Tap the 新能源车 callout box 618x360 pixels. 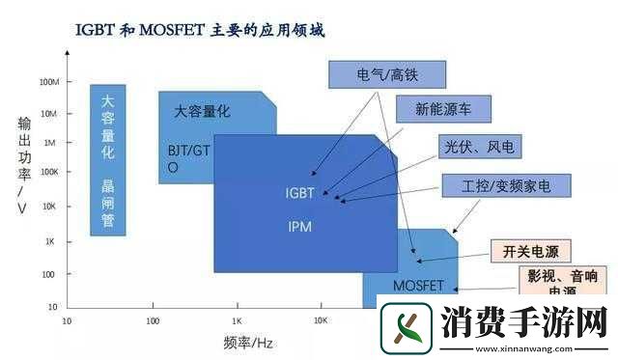point(442,109)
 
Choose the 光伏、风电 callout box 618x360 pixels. point(479,148)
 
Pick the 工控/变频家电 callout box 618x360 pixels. point(506,183)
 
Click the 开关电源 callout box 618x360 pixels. point(537,250)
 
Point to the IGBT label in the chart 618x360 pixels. point(300,193)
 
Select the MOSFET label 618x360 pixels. point(418,285)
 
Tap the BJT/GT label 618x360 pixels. point(188,152)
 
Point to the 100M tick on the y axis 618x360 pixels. point(48,82)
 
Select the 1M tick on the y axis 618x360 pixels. point(51,142)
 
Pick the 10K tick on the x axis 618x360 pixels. point(322,319)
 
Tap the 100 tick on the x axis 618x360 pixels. point(153,319)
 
